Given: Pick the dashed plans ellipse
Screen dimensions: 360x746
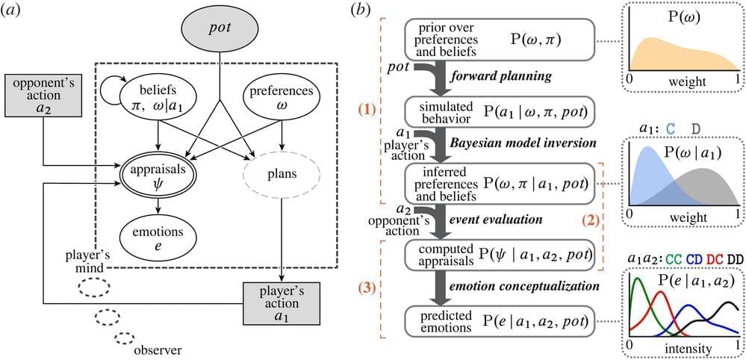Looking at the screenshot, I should [x=282, y=176].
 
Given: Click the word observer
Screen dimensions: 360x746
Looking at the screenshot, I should [x=160, y=349].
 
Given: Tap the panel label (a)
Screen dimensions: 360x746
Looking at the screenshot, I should [x=13, y=11].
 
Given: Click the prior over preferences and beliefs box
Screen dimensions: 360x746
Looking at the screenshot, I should [x=499, y=39].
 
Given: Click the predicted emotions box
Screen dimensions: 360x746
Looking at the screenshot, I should [x=499, y=323].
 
